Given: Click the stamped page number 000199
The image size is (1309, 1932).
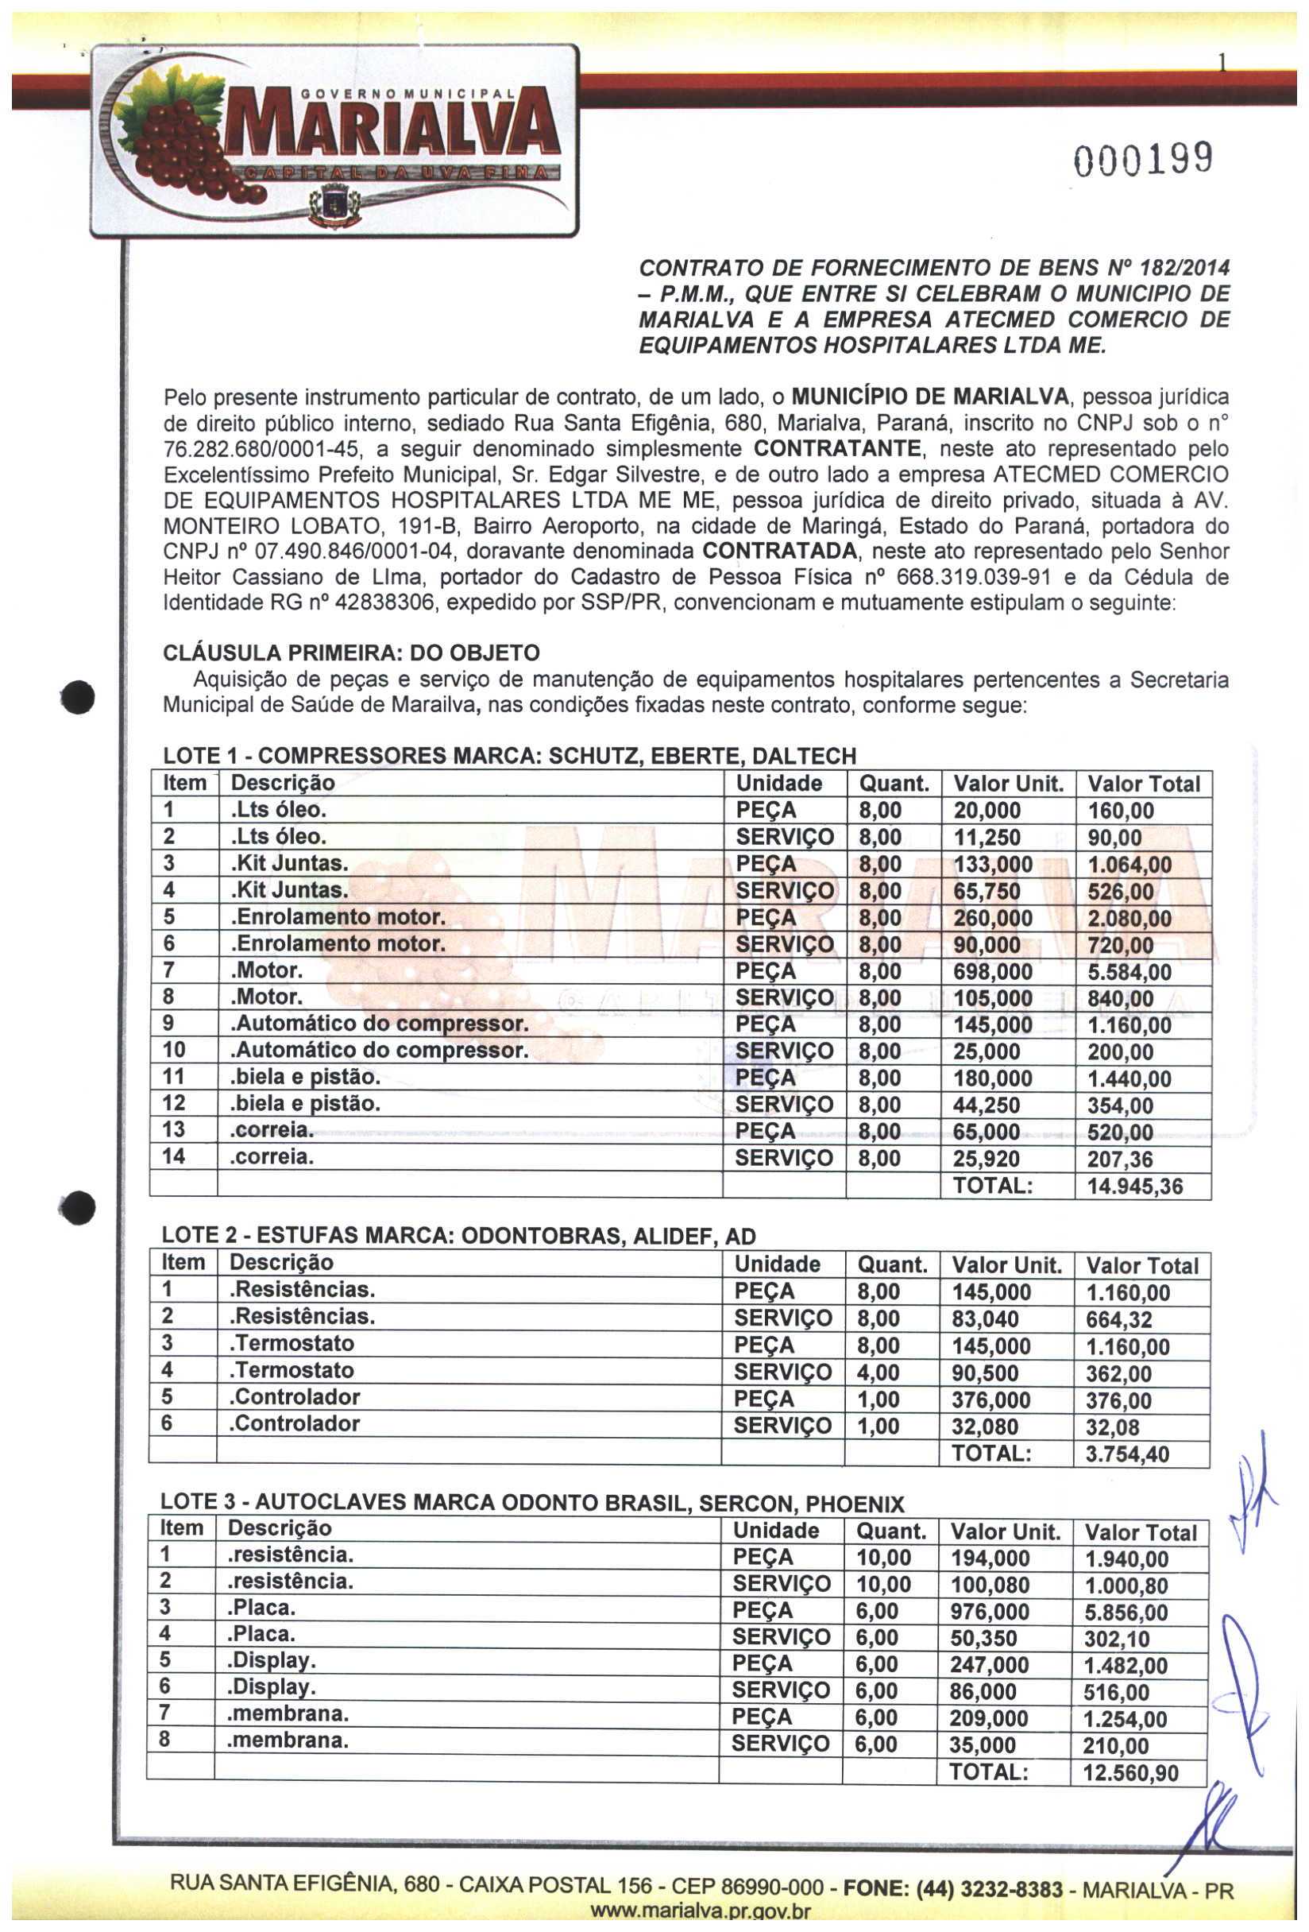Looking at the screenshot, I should (x=1143, y=159).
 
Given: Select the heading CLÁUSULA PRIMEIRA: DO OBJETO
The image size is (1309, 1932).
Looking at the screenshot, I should (x=351, y=652).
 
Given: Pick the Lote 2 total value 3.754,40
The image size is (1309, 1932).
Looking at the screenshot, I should (x=1127, y=1454).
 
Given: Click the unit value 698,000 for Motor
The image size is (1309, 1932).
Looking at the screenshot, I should (x=992, y=972).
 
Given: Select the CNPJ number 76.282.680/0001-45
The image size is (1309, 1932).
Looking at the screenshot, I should (x=262, y=450).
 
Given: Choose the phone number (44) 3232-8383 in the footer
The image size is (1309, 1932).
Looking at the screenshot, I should (x=989, y=1890).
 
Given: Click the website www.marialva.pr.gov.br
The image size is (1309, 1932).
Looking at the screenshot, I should (x=699, y=1912).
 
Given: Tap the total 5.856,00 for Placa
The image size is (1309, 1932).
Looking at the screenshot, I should (x=1126, y=1613).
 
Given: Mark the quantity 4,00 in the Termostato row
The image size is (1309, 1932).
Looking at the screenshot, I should (x=878, y=1373).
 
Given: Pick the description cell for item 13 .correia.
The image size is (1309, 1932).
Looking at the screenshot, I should (x=272, y=1130).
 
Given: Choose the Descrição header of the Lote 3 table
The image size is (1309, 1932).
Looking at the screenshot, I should (x=280, y=1528).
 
